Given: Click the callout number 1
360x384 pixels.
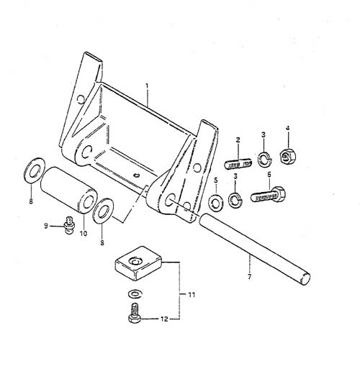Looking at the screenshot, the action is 147,86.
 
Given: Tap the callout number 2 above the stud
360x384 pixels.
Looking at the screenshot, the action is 238,140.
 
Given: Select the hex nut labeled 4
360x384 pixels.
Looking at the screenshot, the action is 288,156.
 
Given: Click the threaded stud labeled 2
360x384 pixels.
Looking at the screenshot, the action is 238,163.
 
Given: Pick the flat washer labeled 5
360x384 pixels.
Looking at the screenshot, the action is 215,202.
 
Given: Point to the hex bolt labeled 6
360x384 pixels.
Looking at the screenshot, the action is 268,195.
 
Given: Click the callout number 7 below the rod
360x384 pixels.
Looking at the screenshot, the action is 250,278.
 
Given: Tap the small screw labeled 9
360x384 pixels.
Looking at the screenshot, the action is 69,224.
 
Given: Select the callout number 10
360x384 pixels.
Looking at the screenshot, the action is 84,234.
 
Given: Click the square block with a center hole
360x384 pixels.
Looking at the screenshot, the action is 139,263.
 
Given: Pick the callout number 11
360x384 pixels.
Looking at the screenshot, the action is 192,295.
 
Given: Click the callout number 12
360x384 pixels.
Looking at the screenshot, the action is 165,319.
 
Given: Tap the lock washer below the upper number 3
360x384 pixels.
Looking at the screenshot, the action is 265,158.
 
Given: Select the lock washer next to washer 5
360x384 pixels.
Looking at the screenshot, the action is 235,199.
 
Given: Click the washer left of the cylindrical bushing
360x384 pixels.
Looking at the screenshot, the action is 35,170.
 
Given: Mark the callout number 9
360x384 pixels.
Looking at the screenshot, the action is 46,226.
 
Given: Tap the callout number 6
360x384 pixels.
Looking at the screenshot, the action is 269,175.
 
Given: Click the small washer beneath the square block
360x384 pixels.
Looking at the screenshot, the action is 135,293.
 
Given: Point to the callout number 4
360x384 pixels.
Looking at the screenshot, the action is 288,128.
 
